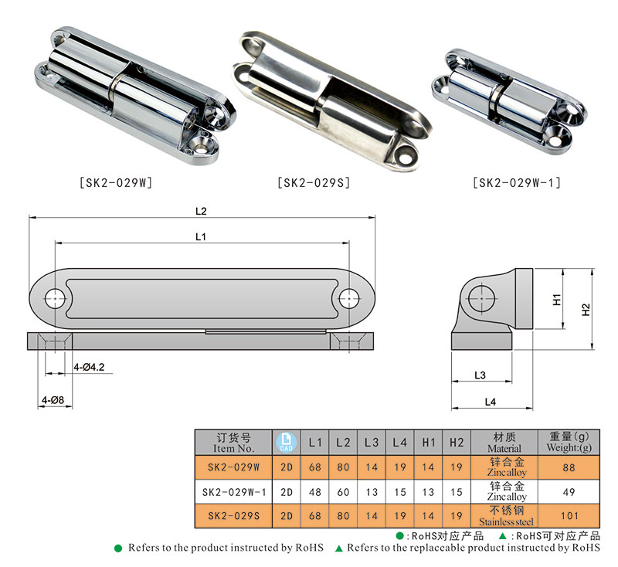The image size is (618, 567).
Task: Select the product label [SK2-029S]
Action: point(314,183)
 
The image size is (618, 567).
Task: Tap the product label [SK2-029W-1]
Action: point(516,183)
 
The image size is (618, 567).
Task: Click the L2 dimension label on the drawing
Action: point(201,210)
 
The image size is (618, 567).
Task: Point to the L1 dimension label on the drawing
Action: point(201,237)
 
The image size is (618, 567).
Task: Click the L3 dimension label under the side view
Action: point(479,375)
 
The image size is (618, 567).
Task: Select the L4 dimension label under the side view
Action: point(490,401)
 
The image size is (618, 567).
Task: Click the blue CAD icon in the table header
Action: point(286,442)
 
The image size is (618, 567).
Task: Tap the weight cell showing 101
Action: point(569,515)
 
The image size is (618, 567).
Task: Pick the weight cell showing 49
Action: point(569,491)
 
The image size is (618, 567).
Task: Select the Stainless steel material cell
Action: point(506,515)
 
